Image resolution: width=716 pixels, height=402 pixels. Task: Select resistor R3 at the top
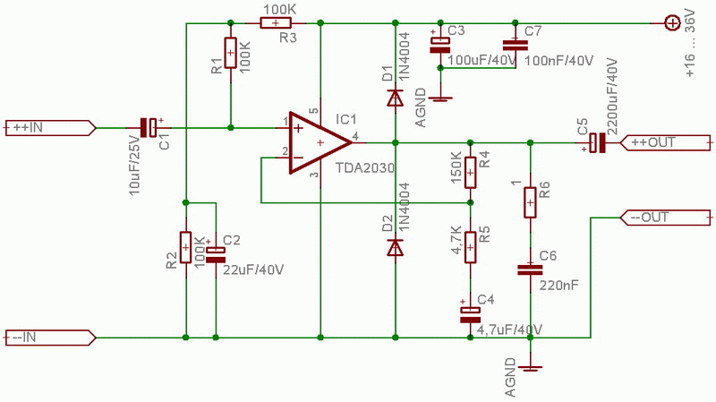coord(276,24)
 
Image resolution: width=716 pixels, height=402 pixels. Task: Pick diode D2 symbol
coord(395,248)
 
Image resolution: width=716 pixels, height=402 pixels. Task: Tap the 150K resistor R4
coord(470,170)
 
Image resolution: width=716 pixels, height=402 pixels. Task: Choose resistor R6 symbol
coord(531,202)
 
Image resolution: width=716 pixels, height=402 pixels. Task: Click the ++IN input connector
coord(49,127)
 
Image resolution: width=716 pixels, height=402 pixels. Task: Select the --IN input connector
coord(49,338)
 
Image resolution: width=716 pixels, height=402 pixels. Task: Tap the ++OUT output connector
coord(667,142)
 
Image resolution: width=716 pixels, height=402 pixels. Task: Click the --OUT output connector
coord(667,218)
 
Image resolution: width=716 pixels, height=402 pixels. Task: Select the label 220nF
coord(559,286)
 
